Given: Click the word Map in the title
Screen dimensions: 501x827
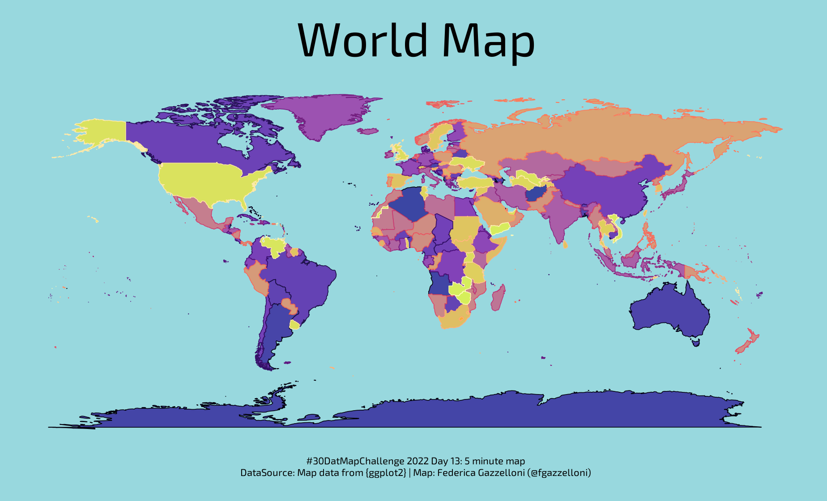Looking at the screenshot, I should point(488,41).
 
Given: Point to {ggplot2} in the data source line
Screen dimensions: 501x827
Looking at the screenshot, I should point(386,473).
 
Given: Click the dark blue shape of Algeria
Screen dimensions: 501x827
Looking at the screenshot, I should point(409,204).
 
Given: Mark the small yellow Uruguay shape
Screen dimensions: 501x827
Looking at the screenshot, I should point(294,325).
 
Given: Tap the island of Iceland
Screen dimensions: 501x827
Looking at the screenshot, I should point(369,132).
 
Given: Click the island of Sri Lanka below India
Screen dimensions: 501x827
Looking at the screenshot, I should point(565,244).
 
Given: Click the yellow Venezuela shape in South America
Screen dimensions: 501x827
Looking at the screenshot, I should point(273,245).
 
